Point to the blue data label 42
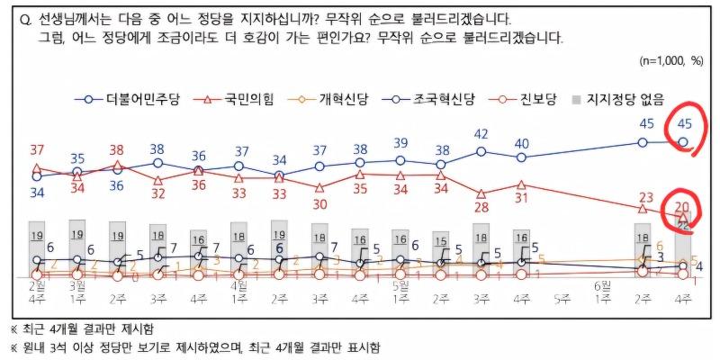tap(481, 134)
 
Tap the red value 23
tap(644, 198)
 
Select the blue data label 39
tap(400, 143)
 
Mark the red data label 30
tap(319, 204)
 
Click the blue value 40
tap(521, 143)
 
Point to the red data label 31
tap(521, 199)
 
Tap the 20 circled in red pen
tap(682, 207)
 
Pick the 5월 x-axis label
tap(400, 284)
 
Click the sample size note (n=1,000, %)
tap(670, 61)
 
